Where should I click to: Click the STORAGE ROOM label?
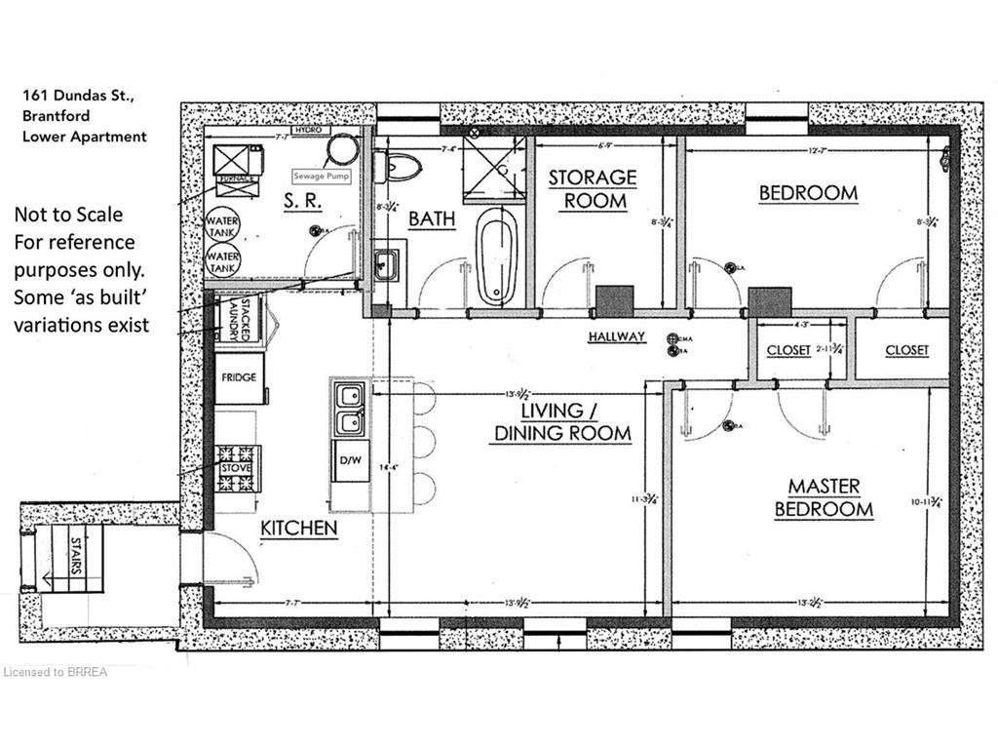(x=592, y=189)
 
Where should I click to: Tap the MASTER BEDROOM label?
(x=824, y=497)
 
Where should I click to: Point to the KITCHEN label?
(x=298, y=529)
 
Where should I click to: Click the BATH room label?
(x=432, y=219)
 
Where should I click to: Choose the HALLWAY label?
(x=617, y=336)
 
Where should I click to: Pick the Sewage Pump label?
(x=320, y=177)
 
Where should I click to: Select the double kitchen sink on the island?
(x=348, y=409)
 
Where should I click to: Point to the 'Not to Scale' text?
(x=68, y=214)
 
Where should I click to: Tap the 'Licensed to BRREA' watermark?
(x=57, y=672)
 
